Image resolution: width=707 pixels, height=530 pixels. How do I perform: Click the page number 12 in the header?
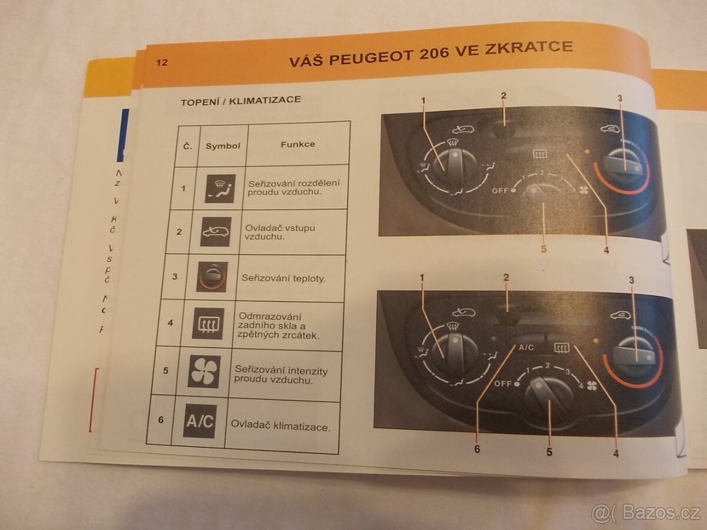pos(161,62)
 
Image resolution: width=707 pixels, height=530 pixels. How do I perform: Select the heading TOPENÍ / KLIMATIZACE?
pos(240,100)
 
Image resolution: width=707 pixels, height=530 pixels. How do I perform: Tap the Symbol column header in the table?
pos(222,145)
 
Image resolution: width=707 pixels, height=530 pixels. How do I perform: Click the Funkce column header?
pos(297,144)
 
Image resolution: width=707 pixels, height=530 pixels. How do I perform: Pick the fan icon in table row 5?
pos(203,371)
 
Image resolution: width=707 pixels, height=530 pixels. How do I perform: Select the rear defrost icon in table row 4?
pos(207,323)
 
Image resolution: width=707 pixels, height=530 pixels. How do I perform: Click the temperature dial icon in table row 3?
pos(212,277)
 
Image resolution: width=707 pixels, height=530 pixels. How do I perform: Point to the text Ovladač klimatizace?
pos(280,426)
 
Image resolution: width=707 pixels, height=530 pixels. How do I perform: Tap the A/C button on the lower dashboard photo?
pos(526,347)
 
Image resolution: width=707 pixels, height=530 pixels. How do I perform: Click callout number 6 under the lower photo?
pos(477,449)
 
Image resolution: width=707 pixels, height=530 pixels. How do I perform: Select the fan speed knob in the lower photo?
pos(548,396)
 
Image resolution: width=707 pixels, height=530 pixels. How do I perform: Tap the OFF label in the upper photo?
pos(500,191)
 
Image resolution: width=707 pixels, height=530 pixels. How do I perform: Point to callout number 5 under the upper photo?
pos(543,249)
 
